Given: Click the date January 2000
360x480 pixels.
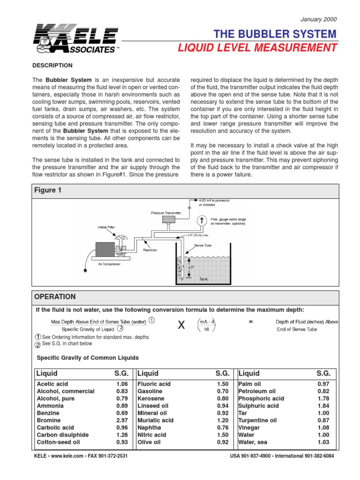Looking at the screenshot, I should coord(318,19).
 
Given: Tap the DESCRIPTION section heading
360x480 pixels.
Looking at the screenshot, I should coord(52,65).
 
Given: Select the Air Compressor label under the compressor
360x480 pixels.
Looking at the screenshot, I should coord(109,264).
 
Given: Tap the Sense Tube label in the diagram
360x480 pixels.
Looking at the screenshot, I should coord(203,245).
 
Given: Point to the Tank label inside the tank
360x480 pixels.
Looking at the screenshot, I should coord(203,279).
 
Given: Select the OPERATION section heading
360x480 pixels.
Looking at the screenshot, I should coord(55,297).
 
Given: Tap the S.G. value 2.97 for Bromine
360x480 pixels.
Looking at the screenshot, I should coord(121,420).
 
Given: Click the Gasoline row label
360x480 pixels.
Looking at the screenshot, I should coord(150,391).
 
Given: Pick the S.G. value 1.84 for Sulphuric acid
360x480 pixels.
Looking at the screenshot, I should coord(323,405).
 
